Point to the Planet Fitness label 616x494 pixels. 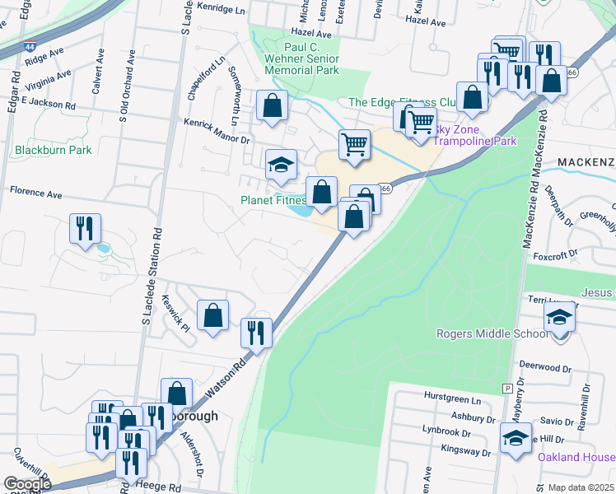click(273, 200)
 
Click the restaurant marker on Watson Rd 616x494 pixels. click(256, 333)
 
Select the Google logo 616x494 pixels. click(28, 484)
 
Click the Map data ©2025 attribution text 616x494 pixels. click(580, 487)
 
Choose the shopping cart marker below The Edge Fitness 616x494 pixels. click(354, 144)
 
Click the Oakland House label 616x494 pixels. click(576, 457)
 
